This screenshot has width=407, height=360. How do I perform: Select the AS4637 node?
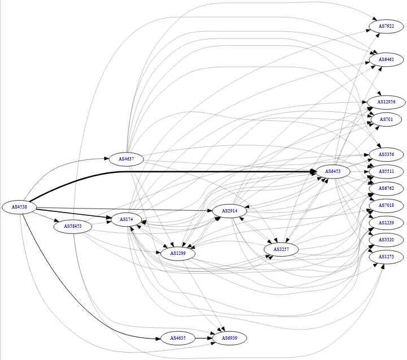coord(126,159)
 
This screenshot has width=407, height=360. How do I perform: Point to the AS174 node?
coord(126,219)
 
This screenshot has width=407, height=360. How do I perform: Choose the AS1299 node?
coord(178,254)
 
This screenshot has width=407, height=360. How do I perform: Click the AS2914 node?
coord(230,211)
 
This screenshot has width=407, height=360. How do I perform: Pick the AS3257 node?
coord(281,249)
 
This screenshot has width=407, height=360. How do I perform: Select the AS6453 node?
coord(333,171)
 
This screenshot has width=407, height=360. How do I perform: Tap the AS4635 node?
coord(177,338)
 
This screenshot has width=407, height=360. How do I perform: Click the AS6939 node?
coord(230,338)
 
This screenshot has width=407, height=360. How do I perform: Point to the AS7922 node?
coord(387,26)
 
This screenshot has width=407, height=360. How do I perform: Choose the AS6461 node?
coord(387,59)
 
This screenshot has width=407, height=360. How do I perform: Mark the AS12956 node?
coord(387,102)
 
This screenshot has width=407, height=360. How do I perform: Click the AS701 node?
coord(387,119)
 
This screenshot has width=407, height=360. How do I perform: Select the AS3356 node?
coord(387,154)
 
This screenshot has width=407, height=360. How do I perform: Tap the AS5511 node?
coord(387,171)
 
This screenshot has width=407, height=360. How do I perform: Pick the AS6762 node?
coord(387,188)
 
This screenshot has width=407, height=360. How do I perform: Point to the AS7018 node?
coord(387,205)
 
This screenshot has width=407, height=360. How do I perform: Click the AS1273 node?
coord(387,257)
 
